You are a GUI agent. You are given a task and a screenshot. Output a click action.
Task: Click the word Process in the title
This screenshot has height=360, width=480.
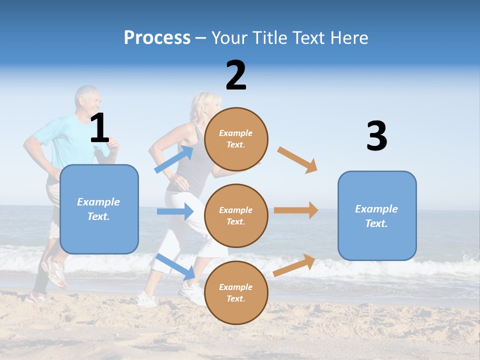[x=157, y=38]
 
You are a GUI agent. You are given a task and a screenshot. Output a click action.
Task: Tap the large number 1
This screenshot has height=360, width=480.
[x=99, y=128]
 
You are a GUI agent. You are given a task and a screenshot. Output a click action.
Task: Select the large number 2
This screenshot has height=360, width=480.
[x=236, y=75]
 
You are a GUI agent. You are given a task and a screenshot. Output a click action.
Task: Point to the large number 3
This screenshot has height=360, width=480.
[x=376, y=136]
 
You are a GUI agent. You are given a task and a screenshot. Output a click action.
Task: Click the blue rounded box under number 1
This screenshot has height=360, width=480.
[x=99, y=209]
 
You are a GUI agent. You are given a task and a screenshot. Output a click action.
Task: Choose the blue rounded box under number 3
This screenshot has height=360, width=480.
[x=377, y=216]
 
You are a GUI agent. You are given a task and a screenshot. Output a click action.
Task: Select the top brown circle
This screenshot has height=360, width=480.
[x=236, y=139]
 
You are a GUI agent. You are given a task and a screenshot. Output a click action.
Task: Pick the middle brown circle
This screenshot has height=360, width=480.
[x=236, y=216]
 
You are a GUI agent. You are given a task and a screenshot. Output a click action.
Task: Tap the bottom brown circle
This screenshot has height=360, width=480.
[x=236, y=293]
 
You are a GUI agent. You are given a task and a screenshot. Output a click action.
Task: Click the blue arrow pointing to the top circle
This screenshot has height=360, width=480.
[x=174, y=159]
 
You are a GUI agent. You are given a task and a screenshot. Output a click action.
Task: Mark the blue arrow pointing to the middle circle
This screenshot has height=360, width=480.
[x=175, y=211]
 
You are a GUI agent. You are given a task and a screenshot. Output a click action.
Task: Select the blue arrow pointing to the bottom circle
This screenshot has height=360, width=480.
[x=175, y=266]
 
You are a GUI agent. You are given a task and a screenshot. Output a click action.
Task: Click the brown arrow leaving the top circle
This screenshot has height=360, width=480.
[x=297, y=159]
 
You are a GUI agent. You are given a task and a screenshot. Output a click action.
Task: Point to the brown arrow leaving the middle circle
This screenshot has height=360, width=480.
[x=296, y=210]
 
